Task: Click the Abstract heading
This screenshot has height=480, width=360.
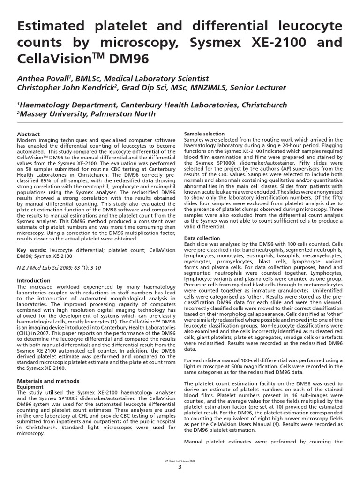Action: [28, 134]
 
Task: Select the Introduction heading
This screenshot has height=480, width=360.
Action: [33, 280]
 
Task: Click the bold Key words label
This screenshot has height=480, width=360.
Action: [31, 251]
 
